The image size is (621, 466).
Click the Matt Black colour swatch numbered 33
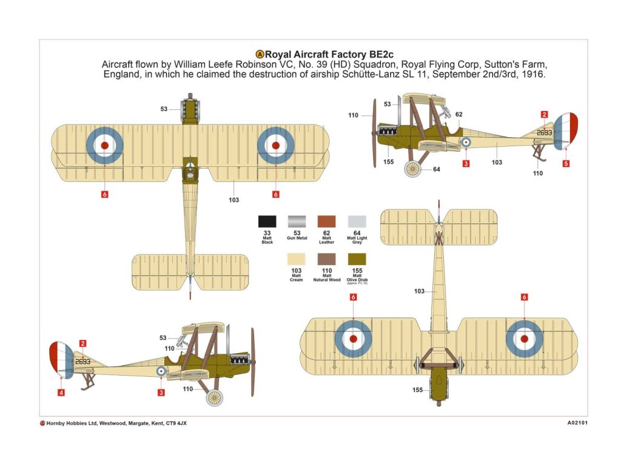(x=267, y=221)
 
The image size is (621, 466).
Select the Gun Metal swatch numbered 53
(x=297, y=221)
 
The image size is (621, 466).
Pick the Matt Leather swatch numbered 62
(x=326, y=221)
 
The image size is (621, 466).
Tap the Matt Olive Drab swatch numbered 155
(x=357, y=259)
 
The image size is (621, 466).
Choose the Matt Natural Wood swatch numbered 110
(x=326, y=259)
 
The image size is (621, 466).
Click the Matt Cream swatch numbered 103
(x=297, y=259)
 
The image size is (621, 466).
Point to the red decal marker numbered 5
(x=566, y=163)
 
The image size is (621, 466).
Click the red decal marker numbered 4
(x=61, y=393)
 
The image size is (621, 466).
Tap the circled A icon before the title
(x=261, y=54)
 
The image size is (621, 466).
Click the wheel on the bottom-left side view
(x=215, y=398)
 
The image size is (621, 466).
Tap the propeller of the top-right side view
(x=375, y=133)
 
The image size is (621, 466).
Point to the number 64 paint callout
(x=437, y=169)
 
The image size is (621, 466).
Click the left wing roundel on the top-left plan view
(x=105, y=145)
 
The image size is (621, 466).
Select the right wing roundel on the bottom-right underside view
(x=524, y=339)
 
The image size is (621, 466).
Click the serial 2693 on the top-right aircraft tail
(x=545, y=132)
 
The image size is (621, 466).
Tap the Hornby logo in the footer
(x=42, y=423)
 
